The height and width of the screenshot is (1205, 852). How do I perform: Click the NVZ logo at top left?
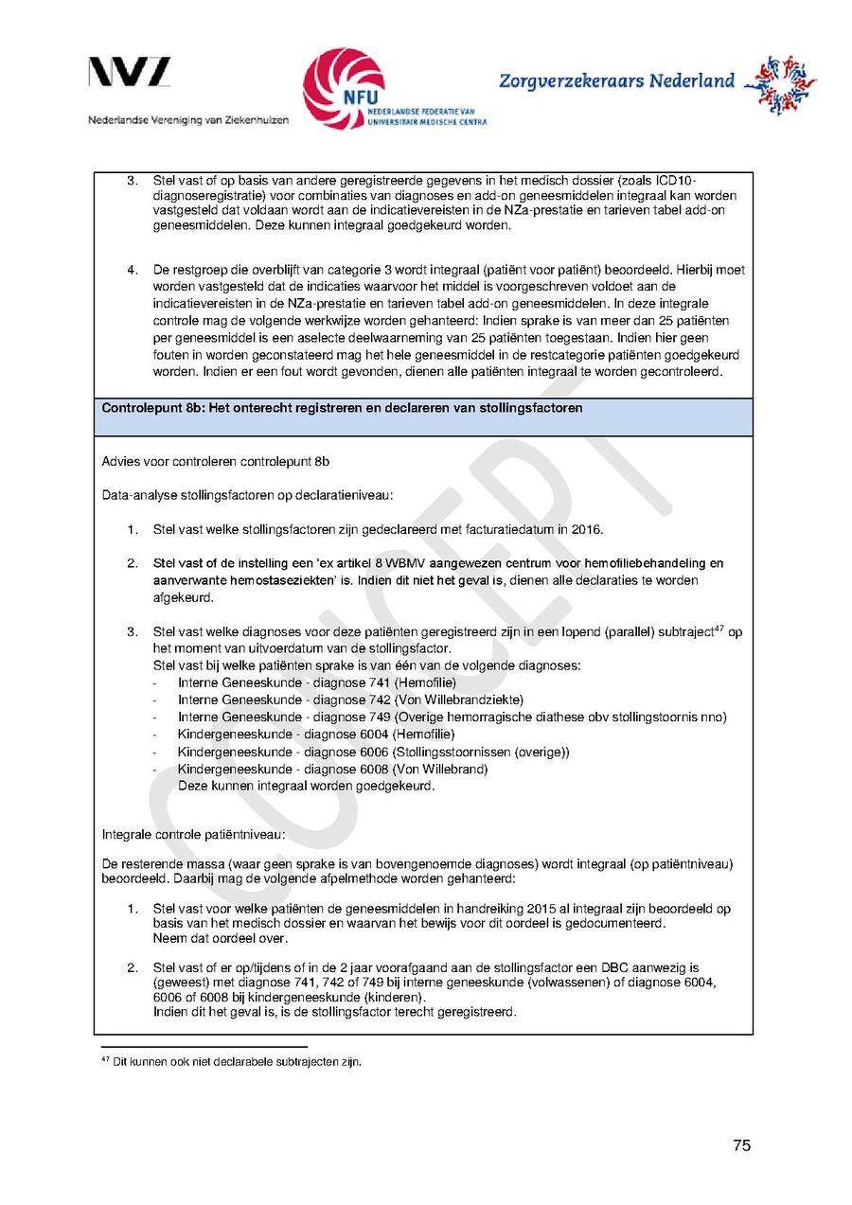[130, 73]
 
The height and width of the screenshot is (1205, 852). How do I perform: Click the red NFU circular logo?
[343, 87]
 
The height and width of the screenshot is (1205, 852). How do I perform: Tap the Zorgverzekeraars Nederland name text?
[616, 81]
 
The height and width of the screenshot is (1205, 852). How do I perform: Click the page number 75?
[741, 1145]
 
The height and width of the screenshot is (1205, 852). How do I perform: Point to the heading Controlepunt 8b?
[342, 408]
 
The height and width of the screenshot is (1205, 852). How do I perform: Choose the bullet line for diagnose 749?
[452, 717]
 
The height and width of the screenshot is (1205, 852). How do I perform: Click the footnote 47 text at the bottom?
[231, 1061]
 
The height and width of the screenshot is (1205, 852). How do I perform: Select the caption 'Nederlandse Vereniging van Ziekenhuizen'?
[188, 120]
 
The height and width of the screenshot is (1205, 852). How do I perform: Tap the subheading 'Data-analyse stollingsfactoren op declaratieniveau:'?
[247, 495]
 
